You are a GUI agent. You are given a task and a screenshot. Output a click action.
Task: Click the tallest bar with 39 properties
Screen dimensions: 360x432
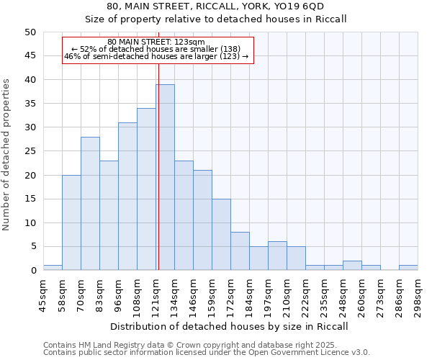point(165,177)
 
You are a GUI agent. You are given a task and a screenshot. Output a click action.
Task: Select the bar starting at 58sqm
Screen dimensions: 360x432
point(71,222)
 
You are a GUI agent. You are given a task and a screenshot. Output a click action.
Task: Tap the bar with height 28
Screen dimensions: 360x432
point(90,204)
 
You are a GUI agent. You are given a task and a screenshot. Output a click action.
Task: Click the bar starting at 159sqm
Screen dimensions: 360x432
point(221,235)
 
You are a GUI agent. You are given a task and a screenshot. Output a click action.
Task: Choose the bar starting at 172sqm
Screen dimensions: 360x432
point(240,251)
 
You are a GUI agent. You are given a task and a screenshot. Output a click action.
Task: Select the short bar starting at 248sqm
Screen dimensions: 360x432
point(352,266)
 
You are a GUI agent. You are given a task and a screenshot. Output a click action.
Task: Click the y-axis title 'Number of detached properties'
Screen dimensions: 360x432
point(7,155)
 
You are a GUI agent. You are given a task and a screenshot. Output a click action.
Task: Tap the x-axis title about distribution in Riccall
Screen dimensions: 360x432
point(230,327)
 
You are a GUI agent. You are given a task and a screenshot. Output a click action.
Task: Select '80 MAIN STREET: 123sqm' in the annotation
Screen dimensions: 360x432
point(156,42)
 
